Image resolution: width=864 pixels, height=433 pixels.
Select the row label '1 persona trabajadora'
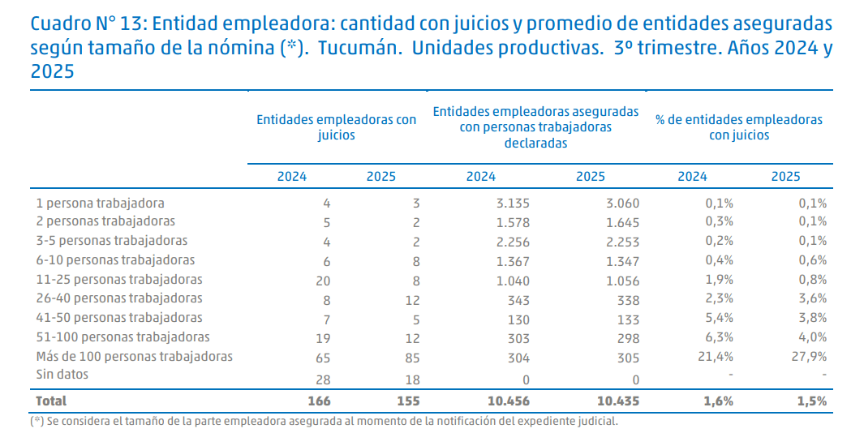pos(100,203)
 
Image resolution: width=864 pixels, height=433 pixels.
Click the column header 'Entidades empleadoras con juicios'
pos(336,127)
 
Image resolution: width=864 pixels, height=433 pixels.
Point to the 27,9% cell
pos(810,358)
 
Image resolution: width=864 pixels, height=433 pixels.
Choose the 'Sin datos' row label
pos(62,375)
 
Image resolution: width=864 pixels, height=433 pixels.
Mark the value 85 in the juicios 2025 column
pos(411,358)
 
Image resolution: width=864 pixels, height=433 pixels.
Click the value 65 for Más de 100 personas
pos(322,358)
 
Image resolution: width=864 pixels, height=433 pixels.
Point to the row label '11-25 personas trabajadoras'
pos(118,279)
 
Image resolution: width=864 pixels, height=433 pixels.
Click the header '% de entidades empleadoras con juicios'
pos(738,127)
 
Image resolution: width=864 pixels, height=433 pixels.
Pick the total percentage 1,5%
pos(810,401)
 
